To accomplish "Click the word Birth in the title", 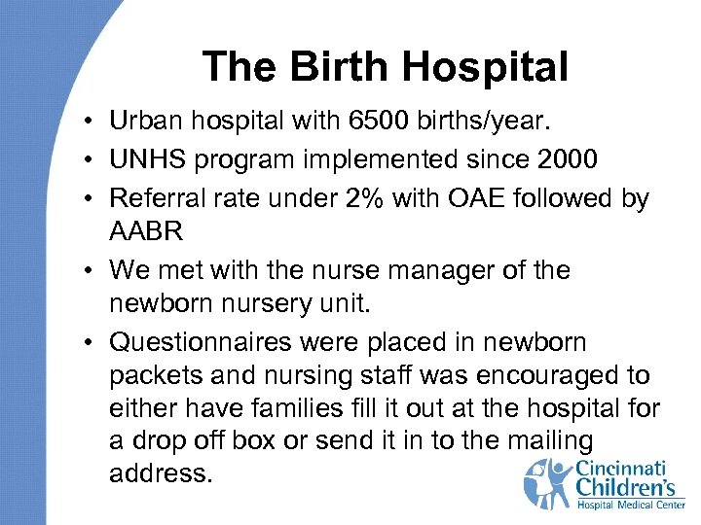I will click(x=312, y=68).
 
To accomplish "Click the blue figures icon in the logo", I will click(x=549, y=482).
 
